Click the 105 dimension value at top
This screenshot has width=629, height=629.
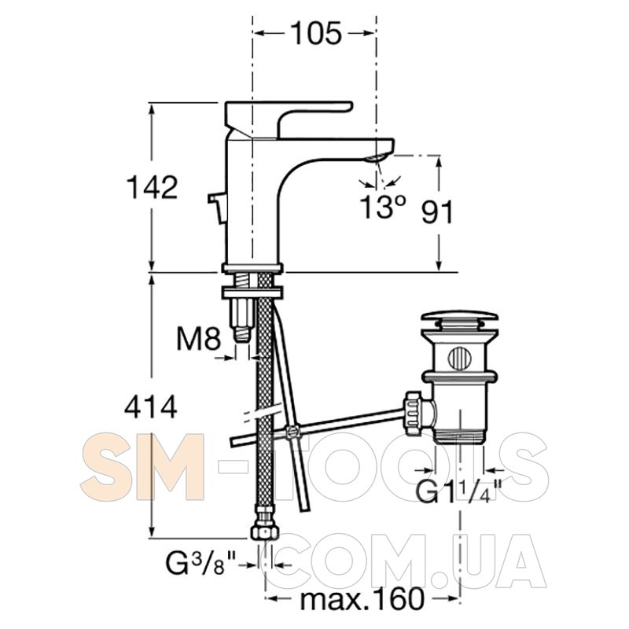(x=316, y=33)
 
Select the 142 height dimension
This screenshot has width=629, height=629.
(x=152, y=187)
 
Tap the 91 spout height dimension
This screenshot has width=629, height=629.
(x=437, y=212)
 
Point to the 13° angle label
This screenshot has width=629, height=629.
(x=383, y=207)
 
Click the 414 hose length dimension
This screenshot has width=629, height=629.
(x=151, y=406)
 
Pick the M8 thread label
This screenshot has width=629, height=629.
(x=199, y=340)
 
